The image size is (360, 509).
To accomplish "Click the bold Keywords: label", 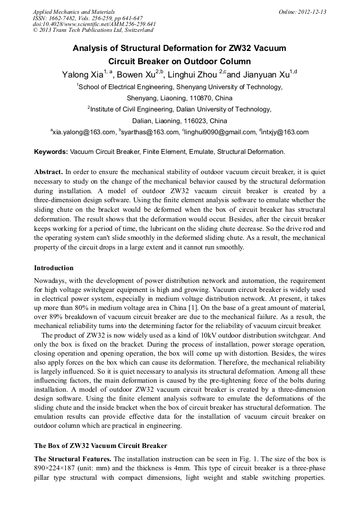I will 51,152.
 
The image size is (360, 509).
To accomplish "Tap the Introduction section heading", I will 54,268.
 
